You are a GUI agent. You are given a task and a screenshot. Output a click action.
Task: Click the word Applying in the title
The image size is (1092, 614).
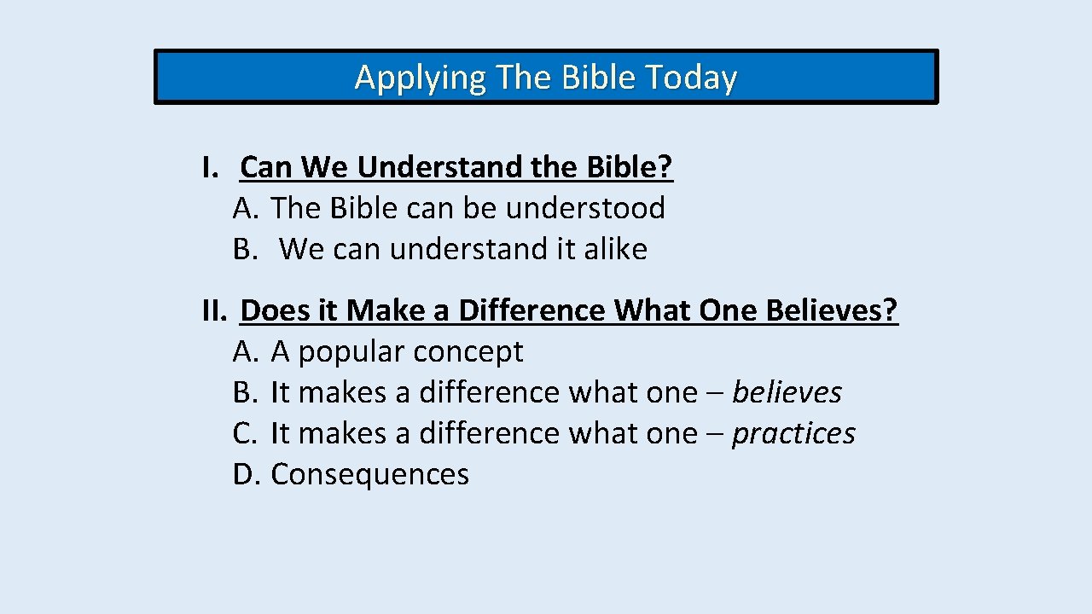tap(420, 78)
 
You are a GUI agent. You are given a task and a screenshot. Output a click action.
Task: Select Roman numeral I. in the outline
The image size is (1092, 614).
tap(211, 167)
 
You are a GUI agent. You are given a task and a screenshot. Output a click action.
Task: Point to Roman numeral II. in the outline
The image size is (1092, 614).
tap(214, 310)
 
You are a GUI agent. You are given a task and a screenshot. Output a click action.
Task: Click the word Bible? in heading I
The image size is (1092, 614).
tap(630, 167)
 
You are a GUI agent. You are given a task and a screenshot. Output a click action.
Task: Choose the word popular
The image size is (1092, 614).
tap(351, 352)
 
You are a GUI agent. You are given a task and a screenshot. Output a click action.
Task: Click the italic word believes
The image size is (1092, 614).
tap(787, 392)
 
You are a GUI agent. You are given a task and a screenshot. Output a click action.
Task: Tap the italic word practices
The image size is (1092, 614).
tap(793, 433)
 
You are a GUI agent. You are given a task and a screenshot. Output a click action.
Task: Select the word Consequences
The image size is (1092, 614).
tap(369, 474)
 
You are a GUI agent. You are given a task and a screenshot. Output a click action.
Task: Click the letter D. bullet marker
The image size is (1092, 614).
tap(246, 474)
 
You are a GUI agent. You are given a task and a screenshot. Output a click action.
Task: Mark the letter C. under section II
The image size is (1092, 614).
tap(245, 433)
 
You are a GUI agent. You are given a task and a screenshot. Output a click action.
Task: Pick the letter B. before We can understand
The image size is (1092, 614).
tap(245, 249)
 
